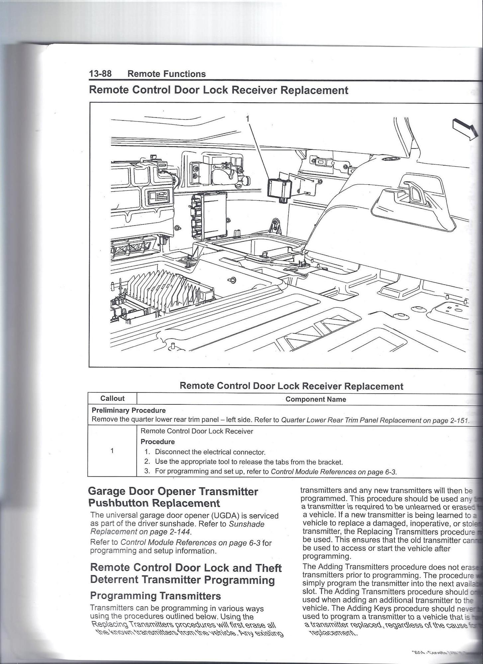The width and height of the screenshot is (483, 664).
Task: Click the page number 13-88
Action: tap(100, 74)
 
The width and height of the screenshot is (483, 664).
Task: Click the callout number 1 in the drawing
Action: tap(247, 119)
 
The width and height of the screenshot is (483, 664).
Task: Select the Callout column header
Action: tap(112, 399)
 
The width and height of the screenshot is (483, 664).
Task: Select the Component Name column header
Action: tap(316, 399)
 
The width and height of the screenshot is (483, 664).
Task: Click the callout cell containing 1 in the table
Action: tap(112, 451)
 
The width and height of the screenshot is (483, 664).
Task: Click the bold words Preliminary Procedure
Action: tap(129, 410)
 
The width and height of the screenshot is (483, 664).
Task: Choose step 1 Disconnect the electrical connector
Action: tap(210, 452)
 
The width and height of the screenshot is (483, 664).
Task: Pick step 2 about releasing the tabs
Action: tap(248, 462)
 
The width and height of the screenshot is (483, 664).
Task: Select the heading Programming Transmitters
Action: tap(155, 596)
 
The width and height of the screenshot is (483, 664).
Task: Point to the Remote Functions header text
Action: tap(167, 74)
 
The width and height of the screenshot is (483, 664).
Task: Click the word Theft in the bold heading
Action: tap(267, 568)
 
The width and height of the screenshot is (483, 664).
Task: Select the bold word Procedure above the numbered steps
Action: tap(158, 442)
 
